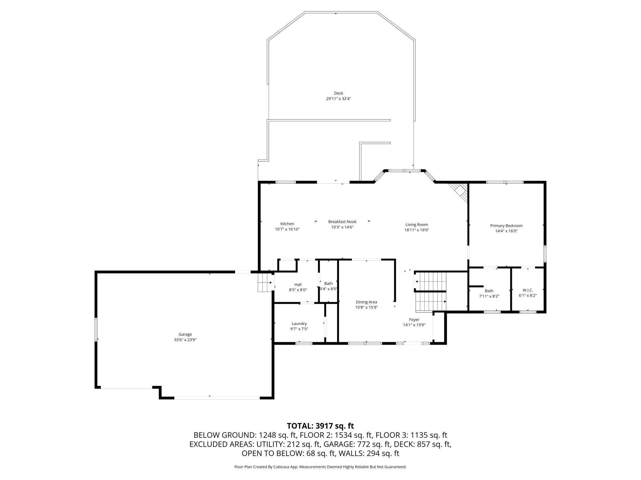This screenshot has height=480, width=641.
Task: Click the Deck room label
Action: pos(338,93)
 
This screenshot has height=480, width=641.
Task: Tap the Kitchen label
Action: pos(287,224)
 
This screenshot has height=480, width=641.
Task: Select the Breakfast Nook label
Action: pos(342,222)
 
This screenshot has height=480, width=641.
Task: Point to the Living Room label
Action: pos(417,225)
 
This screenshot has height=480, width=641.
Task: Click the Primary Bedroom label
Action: pos(506,226)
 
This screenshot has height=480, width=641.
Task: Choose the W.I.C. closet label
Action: pos(528,290)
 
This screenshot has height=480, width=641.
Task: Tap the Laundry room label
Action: pos(299,323)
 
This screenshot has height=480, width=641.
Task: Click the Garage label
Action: pos(185,334)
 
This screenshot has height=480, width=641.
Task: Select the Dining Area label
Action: pos(366,302)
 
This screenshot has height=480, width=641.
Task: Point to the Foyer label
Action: pos(414,319)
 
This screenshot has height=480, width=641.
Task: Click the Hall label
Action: pos(298,284)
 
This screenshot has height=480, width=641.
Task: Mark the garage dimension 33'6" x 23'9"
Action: pos(185,340)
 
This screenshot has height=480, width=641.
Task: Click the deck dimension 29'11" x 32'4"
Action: pos(339,99)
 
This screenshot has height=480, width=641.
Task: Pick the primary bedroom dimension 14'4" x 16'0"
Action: pos(506,231)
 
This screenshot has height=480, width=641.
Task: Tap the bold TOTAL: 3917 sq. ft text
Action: pos(320,426)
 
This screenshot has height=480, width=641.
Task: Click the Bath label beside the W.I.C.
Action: pos(489,291)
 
